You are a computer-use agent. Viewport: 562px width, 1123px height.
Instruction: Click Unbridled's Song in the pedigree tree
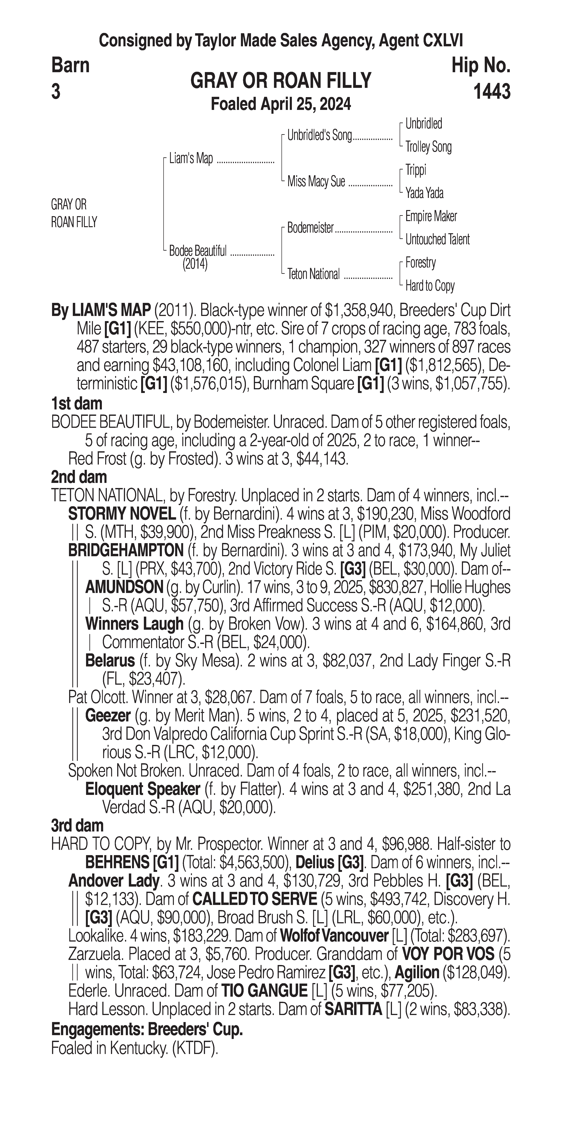[x=319, y=136]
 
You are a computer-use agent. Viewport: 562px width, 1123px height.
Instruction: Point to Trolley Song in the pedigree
[x=428, y=147]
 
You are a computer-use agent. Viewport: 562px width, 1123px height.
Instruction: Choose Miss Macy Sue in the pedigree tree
[x=316, y=181]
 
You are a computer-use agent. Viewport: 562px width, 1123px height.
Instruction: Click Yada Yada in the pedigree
[x=424, y=193]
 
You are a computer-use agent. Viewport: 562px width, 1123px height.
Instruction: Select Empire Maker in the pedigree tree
[x=431, y=216]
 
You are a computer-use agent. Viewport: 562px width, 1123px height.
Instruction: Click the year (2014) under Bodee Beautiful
[x=195, y=264]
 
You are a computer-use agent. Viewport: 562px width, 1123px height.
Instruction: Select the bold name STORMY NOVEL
[x=122, y=514]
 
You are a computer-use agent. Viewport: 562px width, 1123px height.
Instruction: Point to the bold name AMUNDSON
[x=124, y=587]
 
